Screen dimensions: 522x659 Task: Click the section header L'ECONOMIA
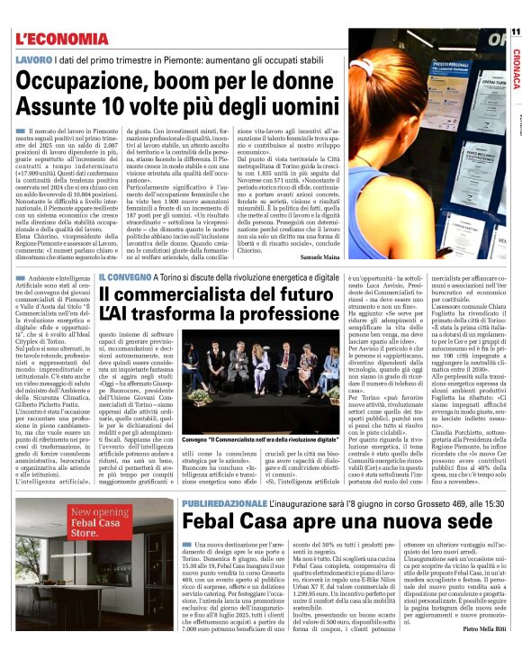(x=62, y=39)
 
